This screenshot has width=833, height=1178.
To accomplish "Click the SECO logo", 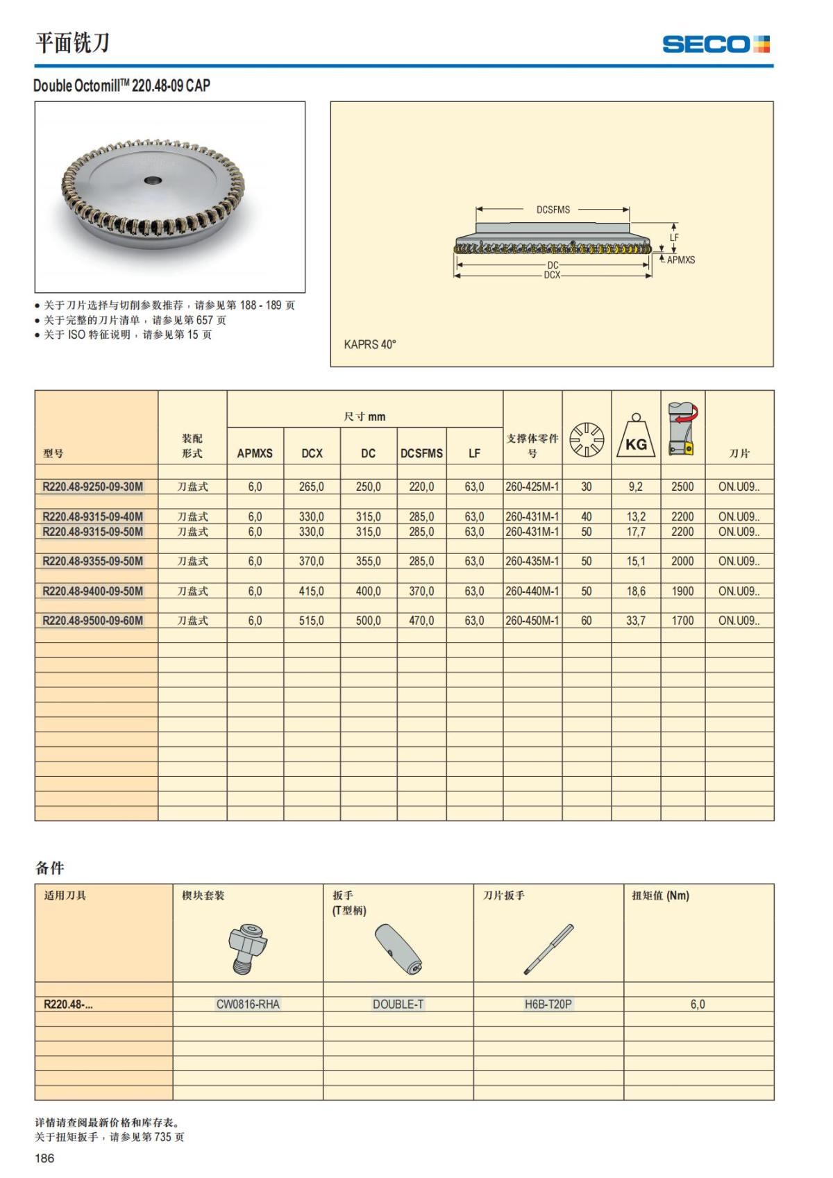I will pyautogui.click(x=716, y=44).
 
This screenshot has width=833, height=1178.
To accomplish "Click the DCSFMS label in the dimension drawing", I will pyautogui.click(x=553, y=210).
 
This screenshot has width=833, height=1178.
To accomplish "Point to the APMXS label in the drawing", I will pyautogui.click(x=680, y=260).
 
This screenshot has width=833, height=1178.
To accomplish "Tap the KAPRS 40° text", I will pyautogui.click(x=370, y=344).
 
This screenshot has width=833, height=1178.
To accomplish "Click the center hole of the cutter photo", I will pyautogui.click(x=152, y=180).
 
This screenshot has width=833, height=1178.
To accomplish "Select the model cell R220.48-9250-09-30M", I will pyautogui.click(x=93, y=487).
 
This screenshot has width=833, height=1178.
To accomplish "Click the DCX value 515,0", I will pyautogui.click(x=311, y=621).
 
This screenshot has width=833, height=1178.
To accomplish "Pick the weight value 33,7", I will pyautogui.click(x=636, y=621).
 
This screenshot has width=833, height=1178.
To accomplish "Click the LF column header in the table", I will pyautogui.click(x=474, y=453).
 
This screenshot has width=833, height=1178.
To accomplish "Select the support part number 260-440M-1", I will pyautogui.click(x=532, y=591).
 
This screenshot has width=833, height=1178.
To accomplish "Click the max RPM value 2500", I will pyautogui.click(x=682, y=487).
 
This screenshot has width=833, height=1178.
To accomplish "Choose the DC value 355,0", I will pyautogui.click(x=368, y=561).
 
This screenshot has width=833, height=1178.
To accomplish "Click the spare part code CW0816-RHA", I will pyautogui.click(x=248, y=1004).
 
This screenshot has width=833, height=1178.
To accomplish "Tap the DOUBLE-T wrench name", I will pyautogui.click(x=398, y=1004).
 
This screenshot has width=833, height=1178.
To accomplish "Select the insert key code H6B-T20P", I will pyautogui.click(x=548, y=1004).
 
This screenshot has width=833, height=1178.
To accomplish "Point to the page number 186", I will pyautogui.click(x=44, y=1158).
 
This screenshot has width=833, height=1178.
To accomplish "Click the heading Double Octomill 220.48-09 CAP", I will pyautogui.click(x=121, y=85).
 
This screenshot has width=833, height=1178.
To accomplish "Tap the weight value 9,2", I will pyautogui.click(x=636, y=487).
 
